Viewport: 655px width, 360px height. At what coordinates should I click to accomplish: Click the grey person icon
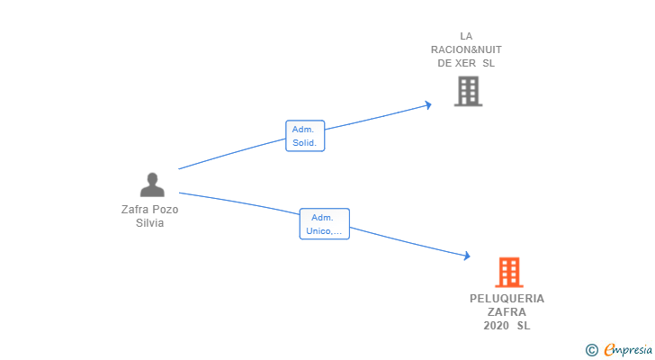[152, 184]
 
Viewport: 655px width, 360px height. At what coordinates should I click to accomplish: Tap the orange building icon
[509, 273]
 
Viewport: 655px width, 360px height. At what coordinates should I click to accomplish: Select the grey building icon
[468, 91]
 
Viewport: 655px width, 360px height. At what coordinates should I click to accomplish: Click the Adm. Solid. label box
[305, 136]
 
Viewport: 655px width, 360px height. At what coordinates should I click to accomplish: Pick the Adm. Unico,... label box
[325, 224]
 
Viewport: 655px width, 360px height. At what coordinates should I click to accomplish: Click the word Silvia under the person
[149, 223]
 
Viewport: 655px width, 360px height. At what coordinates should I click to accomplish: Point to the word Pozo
[165, 209]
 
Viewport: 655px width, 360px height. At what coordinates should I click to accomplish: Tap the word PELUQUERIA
[507, 299]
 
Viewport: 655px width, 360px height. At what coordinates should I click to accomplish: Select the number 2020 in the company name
[496, 326]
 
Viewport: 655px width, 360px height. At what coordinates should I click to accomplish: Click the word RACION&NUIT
[466, 49]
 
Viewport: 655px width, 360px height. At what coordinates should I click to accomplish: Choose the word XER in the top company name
[465, 63]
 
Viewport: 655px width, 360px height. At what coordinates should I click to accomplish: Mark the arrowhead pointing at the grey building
[428, 104]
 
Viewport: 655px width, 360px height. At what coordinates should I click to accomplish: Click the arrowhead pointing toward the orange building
[467, 256]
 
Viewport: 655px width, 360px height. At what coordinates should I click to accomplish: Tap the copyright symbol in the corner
[591, 350]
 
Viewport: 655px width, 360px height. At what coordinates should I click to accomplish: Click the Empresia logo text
[628, 350]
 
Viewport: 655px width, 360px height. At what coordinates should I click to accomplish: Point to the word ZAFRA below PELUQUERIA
[507, 312]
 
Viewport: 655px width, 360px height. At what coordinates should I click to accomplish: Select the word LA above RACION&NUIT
[466, 36]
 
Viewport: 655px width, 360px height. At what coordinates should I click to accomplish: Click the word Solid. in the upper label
[304, 143]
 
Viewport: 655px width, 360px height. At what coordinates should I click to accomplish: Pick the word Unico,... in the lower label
[324, 231]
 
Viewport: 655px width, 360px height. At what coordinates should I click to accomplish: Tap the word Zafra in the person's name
[135, 209]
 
